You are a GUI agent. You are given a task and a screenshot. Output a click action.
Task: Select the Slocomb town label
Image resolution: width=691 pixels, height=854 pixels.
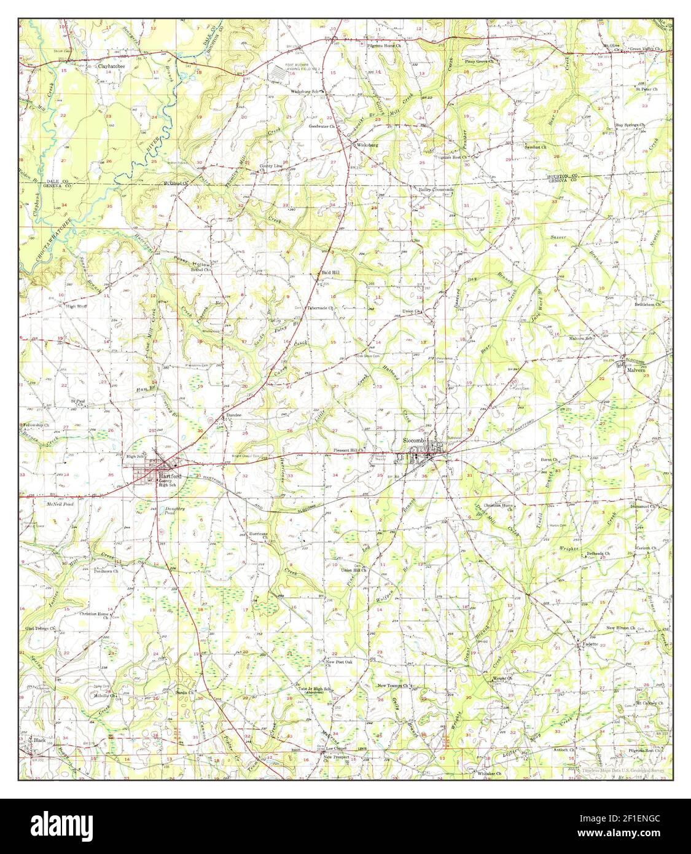click(415, 441)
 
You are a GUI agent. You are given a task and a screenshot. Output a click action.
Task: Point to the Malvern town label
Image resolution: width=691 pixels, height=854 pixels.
click(635, 371)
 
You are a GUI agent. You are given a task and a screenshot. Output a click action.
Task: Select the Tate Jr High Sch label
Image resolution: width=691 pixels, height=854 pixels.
click(314, 689)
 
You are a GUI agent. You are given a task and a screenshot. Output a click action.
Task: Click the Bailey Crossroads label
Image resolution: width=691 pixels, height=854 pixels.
click(436, 190)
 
